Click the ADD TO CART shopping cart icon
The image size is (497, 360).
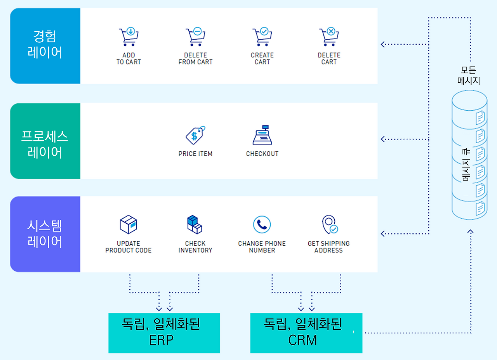click(x=129, y=37)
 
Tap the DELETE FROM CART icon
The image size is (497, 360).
click(x=195, y=37)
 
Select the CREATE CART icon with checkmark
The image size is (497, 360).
click(x=262, y=37)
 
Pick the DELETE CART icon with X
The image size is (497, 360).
click(x=329, y=37)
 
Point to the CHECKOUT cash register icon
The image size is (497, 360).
click(x=262, y=136)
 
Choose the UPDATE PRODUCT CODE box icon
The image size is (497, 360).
click(x=129, y=224)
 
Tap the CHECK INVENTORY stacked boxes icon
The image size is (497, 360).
click(x=195, y=224)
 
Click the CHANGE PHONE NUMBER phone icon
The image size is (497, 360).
click(x=262, y=224)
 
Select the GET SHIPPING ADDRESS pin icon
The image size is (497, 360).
click(x=329, y=224)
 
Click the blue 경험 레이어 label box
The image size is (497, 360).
click(x=45, y=46)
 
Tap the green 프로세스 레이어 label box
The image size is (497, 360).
click(x=45, y=141)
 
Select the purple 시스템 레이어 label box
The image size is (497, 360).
click(x=45, y=234)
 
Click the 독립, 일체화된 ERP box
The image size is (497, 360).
click(x=164, y=333)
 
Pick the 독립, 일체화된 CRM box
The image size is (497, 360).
click(x=306, y=333)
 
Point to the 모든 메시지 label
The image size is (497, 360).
click(x=469, y=76)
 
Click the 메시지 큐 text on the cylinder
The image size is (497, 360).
click(x=466, y=165)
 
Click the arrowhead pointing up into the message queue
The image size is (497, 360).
click(x=471, y=232)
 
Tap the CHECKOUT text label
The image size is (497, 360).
click(x=262, y=154)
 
